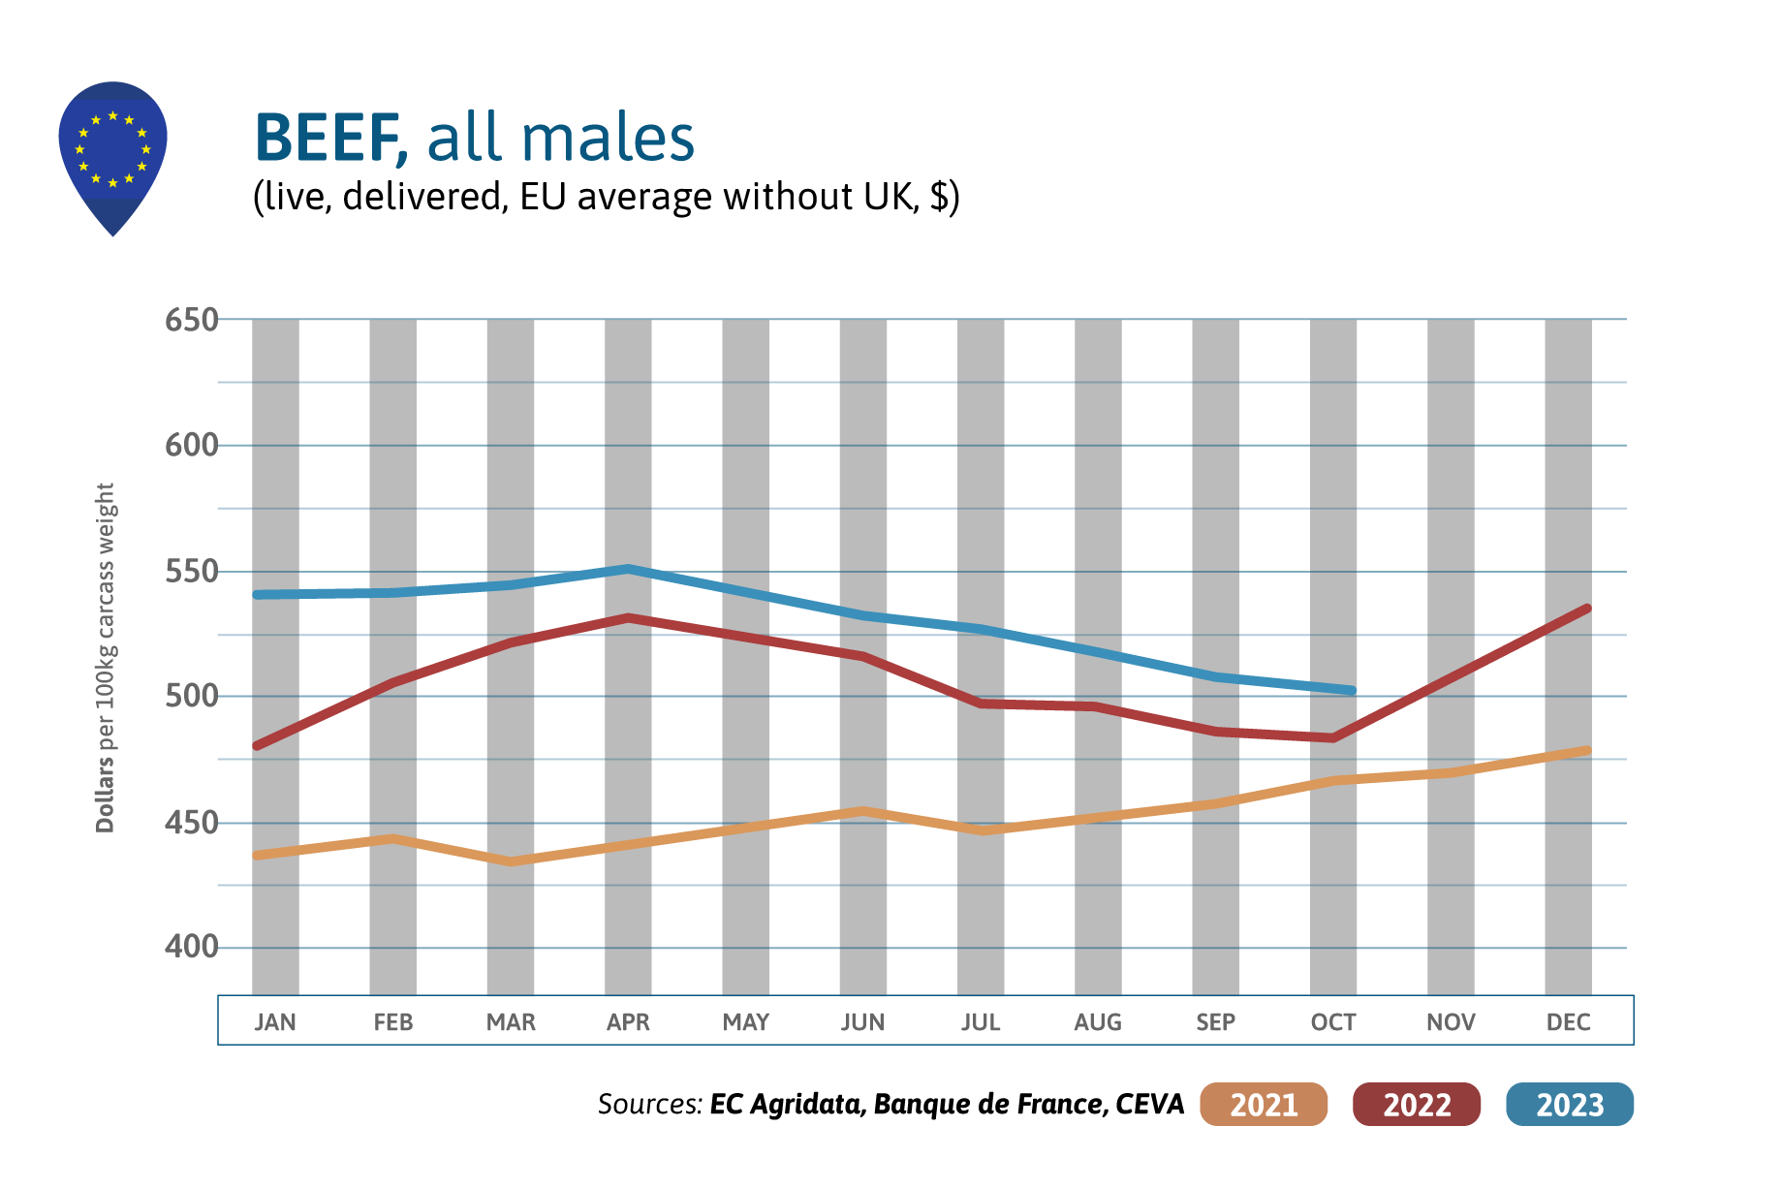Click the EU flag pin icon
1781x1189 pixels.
(112, 155)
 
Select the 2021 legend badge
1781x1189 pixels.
(1263, 1105)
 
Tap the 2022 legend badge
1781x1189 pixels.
(1417, 1105)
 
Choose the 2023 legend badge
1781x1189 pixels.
(1570, 1105)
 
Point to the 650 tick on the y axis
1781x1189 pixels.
(191, 320)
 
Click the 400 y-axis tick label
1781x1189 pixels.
(191, 947)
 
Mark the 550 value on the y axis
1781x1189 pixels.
(191, 572)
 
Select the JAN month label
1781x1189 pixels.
(275, 1022)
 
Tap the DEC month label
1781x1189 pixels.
(1568, 1022)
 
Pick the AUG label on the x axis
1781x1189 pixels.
(1098, 1022)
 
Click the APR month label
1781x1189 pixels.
(628, 1022)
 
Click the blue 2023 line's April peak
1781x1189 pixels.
(628, 569)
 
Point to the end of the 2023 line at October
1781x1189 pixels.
(1352, 691)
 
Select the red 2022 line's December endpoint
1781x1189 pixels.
(1587, 609)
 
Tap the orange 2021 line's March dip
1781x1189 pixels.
(511, 861)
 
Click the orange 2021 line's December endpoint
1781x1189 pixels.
(1587, 750)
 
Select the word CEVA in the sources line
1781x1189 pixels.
(1150, 1105)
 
